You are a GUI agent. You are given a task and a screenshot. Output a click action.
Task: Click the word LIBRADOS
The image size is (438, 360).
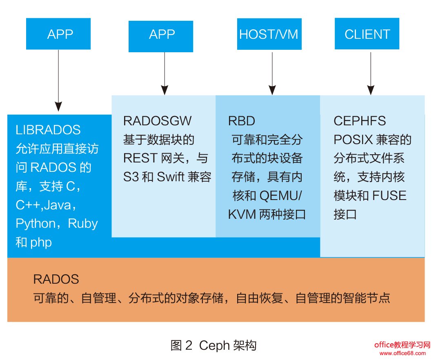point(48,130)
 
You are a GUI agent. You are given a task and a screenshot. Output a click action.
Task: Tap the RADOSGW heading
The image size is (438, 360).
point(157,121)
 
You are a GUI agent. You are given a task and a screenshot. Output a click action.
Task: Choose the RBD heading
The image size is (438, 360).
point(241,121)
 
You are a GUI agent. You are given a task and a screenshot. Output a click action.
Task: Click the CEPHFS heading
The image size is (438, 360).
point(359,121)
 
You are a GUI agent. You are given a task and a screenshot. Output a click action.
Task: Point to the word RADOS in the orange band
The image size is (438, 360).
point(56,279)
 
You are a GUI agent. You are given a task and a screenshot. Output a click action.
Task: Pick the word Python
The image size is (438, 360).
point(36,224)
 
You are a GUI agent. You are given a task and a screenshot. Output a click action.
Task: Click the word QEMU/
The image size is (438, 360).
point(281,196)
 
